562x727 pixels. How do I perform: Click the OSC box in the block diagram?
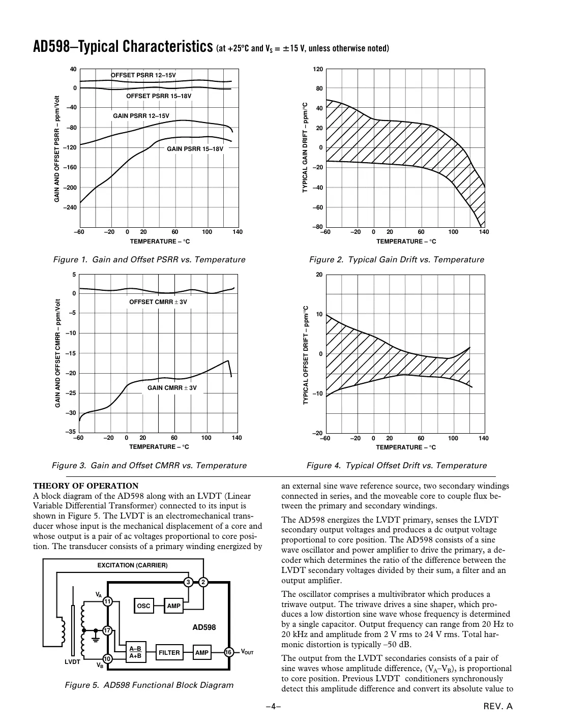coord(144,605)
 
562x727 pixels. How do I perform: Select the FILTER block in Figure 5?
coord(169,652)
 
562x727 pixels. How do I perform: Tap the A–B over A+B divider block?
coord(135,652)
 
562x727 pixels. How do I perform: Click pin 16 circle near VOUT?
coord(229,652)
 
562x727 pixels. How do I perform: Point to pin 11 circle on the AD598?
coord(107,602)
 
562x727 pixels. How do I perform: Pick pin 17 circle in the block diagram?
coord(107,631)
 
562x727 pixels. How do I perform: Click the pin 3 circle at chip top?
coord(188,582)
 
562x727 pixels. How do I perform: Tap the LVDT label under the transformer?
coord(72,662)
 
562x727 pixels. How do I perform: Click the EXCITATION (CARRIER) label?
coord(132,565)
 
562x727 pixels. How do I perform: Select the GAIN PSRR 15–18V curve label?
coord(195,149)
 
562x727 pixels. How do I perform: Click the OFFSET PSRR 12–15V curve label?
coord(143,75)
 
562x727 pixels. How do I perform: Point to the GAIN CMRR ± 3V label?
coord(172,388)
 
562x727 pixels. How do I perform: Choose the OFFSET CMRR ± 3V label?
coord(158,302)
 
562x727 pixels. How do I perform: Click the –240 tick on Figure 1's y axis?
coord(70,207)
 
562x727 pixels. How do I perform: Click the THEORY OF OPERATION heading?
coord(85,486)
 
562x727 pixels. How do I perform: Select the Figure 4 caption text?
coord(396,465)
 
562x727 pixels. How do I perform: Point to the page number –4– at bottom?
coord(273,706)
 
